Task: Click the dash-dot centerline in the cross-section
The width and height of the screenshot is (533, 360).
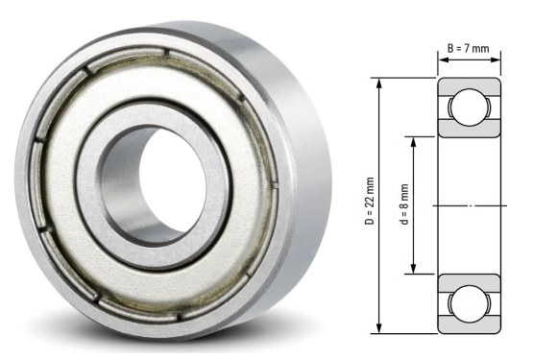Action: coord(470,205)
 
